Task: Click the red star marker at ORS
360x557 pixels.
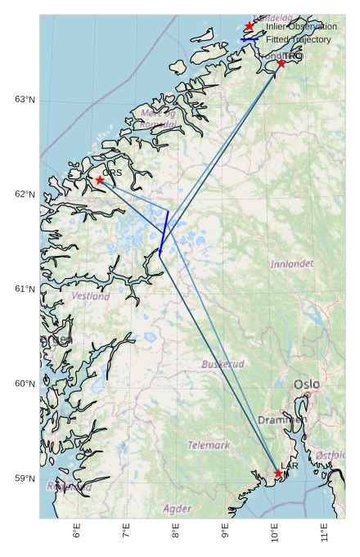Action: click(100, 180)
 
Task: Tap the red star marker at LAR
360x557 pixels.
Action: click(279, 474)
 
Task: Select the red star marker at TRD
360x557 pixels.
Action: click(281, 63)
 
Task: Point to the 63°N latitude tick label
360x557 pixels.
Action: click(25, 100)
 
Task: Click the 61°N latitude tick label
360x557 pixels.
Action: click(25, 290)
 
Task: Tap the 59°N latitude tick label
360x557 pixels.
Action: click(25, 478)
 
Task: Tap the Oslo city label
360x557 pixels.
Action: click(307, 384)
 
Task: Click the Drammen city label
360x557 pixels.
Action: click(282, 420)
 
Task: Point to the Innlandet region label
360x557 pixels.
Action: click(292, 264)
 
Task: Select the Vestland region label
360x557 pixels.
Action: click(91, 296)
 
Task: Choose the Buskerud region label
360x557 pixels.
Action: click(223, 364)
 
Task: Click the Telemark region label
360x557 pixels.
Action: click(209, 446)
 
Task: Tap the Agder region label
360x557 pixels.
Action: click(178, 509)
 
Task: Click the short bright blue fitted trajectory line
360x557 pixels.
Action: click(164, 232)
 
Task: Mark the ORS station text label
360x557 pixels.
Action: click(112, 173)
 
